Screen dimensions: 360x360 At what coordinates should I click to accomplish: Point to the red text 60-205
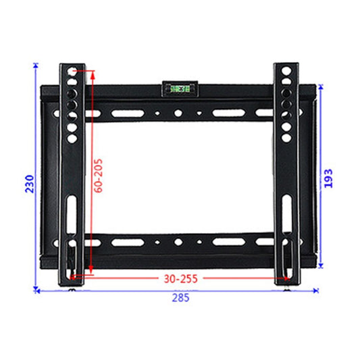click(x=99, y=176)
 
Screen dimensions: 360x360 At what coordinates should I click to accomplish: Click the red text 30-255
click(x=180, y=277)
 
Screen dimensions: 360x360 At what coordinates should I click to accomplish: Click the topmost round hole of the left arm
click(x=72, y=70)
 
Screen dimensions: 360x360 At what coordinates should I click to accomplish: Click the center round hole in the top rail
click(x=178, y=113)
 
